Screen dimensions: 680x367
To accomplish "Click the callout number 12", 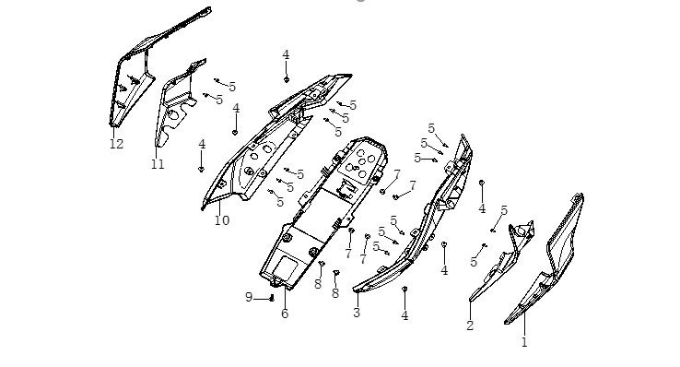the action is pyautogui.click(x=116, y=144).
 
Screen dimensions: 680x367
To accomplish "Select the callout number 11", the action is pyautogui.click(x=158, y=164).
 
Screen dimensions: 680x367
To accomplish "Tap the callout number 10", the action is pyautogui.click(x=222, y=220).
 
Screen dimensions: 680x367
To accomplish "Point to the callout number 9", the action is pyautogui.click(x=249, y=297).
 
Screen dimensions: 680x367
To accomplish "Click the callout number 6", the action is pyautogui.click(x=285, y=314).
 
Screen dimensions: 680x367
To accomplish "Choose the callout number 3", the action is pyautogui.click(x=357, y=313).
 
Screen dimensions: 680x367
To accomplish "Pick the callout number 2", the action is pyautogui.click(x=470, y=326).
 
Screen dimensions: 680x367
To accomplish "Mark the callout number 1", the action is pyautogui.click(x=524, y=342).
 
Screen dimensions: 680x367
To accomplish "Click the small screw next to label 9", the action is pyautogui.click(x=272, y=298).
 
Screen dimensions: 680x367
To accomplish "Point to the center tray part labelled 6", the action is pyautogui.click(x=323, y=213).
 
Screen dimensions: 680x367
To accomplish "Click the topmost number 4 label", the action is pyautogui.click(x=286, y=55).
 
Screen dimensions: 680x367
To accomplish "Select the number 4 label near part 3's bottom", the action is pyautogui.click(x=404, y=315).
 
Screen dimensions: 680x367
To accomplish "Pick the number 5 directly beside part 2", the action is pyautogui.click(x=474, y=262).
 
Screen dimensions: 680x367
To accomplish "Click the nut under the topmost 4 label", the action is pyautogui.click(x=287, y=79).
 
